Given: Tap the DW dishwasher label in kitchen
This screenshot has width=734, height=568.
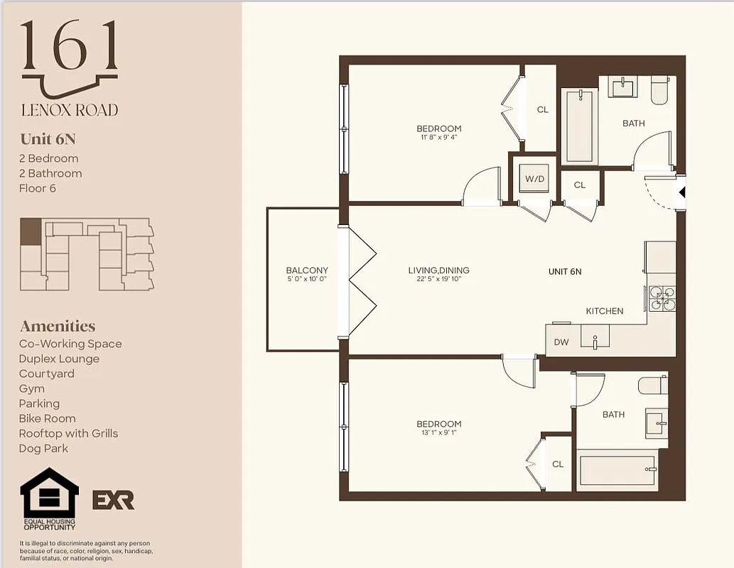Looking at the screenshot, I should coord(561,342).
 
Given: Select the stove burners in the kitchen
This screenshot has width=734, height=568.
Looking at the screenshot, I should coord(662,298).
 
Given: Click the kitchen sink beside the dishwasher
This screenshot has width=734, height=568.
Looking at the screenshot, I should coord(595,337).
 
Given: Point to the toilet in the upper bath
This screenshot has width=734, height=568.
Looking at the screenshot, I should coord(659,90).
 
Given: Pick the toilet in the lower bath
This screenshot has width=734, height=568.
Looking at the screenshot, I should coord(653,386).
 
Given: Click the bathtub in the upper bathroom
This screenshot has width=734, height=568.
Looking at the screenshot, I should coord(579,126).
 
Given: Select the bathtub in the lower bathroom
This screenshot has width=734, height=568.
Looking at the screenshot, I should coord(617,470).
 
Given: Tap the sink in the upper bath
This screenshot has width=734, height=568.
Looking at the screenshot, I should coord(623,87).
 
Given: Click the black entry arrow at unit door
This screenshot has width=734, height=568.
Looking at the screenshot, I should coord(682,192).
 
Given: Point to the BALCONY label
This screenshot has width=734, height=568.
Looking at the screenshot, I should coord(307,271).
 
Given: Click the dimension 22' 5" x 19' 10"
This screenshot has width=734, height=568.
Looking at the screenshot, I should coord(438,280).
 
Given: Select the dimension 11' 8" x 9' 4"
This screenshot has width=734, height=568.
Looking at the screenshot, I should coord(438,138).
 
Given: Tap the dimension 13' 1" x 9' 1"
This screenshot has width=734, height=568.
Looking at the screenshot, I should coord(438,432).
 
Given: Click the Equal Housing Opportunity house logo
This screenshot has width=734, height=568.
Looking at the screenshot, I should coord(49,494).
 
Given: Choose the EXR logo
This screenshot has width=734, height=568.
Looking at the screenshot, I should coord(114,500).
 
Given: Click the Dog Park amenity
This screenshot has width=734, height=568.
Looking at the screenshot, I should coord(43,449).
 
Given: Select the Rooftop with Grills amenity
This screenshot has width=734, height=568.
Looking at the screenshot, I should coord(68,434).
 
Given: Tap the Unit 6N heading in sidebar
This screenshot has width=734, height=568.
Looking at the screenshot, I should coord(48,138).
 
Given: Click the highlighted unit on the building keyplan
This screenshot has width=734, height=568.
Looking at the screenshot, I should coord(31,231).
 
